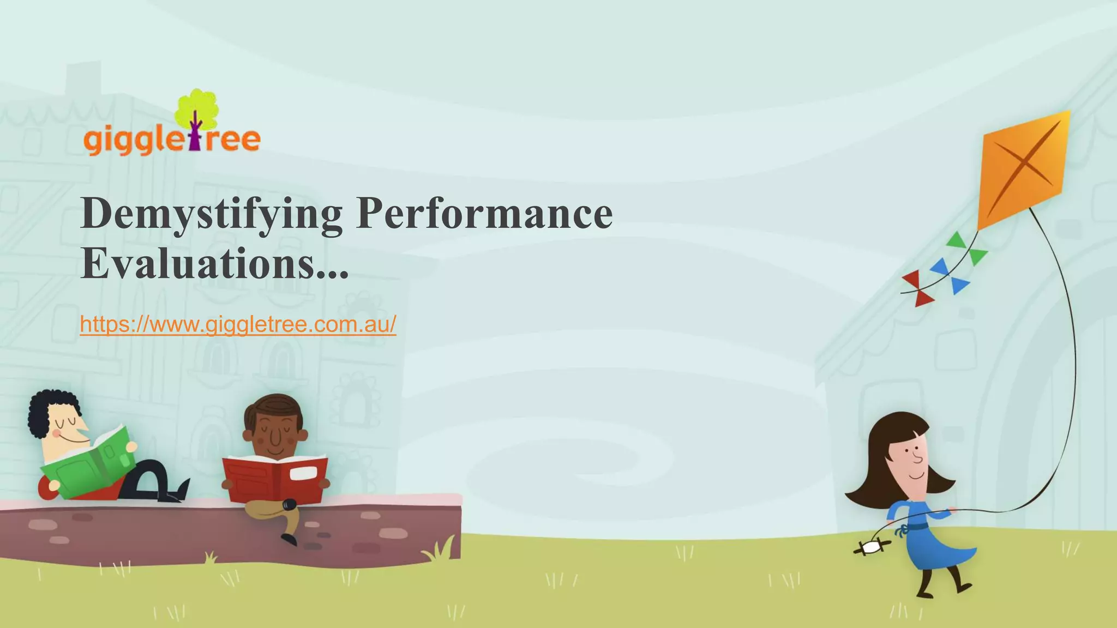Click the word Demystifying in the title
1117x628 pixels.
(x=212, y=214)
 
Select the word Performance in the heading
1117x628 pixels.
(x=484, y=213)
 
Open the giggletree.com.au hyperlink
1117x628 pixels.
(x=238, y=324)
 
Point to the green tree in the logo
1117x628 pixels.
(x=196, y=109)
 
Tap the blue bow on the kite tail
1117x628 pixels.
(x=950, y=276)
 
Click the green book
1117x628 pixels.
(x=90, y=463)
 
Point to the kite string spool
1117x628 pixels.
(x=872, y=547)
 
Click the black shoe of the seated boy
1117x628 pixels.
(x=289, y=539)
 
